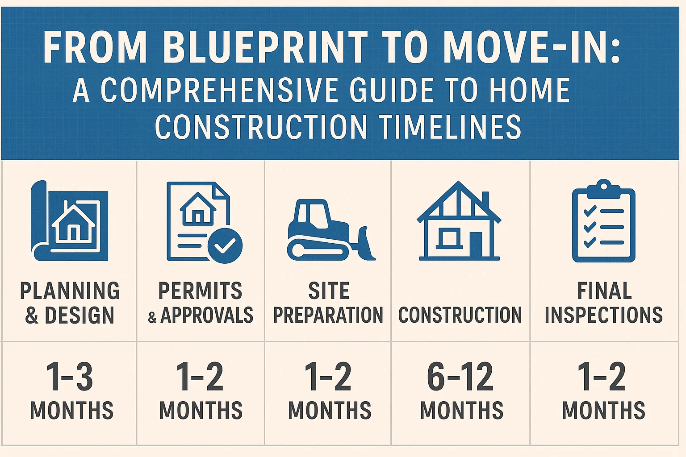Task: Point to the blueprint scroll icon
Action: [70, 221]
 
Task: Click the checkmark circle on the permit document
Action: [225, 245]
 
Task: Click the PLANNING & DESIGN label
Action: [70, 303]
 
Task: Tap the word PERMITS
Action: [200, 291]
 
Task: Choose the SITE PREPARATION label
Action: [328, 303]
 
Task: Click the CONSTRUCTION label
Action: [460, 315]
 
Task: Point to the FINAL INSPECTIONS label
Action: [603, 303]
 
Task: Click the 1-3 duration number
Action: [70, 377]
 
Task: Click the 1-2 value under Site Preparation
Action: [328, 377]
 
